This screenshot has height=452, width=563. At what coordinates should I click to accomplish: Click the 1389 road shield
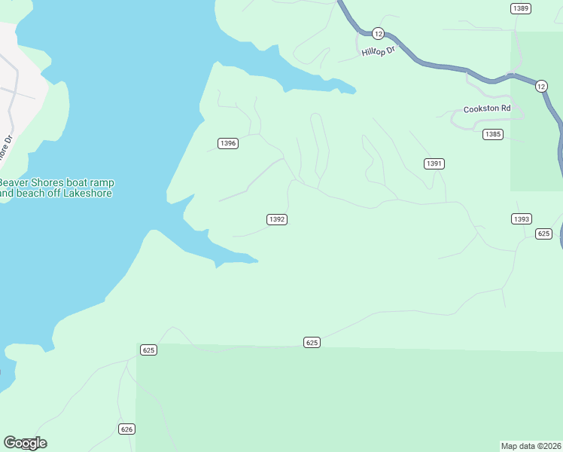tap(520, 8)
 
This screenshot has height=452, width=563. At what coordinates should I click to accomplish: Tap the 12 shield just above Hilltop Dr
tap(378, 33)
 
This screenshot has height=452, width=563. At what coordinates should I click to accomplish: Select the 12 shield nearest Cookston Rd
tap(541, 87)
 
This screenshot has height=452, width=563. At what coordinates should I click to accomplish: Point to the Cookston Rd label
tap(487, 108)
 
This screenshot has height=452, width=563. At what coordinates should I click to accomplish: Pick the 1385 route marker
tap(493, 134)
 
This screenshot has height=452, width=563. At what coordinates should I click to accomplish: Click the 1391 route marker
tap(434, 163)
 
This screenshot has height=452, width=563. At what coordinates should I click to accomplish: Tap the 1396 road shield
tap(228, 143)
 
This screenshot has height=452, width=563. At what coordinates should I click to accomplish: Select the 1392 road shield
tap(277, 219)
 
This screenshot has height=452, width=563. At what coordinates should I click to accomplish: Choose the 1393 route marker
tap(522, 219)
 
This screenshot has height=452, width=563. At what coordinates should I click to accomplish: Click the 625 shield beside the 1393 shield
tap(544, 234)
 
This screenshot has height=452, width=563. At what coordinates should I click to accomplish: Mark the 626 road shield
tap(126, 429)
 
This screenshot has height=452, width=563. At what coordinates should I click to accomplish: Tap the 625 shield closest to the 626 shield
tap(148, 350)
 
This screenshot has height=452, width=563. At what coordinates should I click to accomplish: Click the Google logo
tap(25, 443)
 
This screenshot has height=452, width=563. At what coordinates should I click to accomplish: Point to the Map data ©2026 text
tap(531, 445)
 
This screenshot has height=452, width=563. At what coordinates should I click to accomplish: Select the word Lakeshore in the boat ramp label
tap(87, 194)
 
